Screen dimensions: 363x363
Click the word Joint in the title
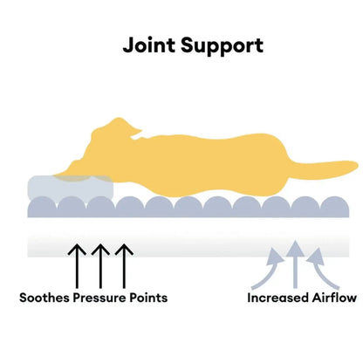coord(149,45)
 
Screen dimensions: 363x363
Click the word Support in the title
coord(222,46)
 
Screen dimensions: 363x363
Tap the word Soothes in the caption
coord(45,298)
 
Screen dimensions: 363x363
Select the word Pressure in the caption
coord(99,298)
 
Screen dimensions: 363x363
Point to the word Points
coord(148,298)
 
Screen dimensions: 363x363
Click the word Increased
coord(277,298)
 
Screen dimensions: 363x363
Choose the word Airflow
coord(334,298)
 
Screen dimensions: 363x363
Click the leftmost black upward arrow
coord(77,266)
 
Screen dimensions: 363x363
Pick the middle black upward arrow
coord(100,266)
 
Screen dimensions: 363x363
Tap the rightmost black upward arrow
coord(124,266)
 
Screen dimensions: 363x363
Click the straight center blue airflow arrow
coord(295,264)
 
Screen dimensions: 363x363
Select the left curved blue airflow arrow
coord(269,271)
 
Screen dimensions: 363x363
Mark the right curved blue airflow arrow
coord(321,271)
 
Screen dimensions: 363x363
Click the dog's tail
coord(325,171)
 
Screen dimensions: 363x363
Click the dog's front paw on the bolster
coord(70,174)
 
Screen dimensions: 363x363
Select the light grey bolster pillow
coord(71,188)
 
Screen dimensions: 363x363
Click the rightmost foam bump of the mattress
coord(334,206)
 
